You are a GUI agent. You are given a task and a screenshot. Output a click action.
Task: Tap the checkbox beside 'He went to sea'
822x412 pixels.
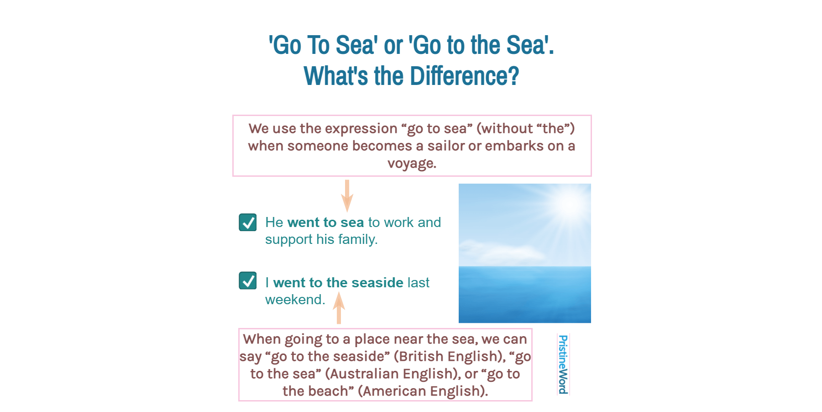(248, 222)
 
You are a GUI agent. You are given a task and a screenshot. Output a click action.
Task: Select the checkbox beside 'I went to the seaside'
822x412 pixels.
(248, 280)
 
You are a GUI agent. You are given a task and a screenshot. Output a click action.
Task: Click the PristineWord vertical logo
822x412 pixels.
(563, 364)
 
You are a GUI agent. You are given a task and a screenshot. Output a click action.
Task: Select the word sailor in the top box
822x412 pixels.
(446, 146)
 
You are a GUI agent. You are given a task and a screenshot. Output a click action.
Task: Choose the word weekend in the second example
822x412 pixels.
(294, 300)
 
